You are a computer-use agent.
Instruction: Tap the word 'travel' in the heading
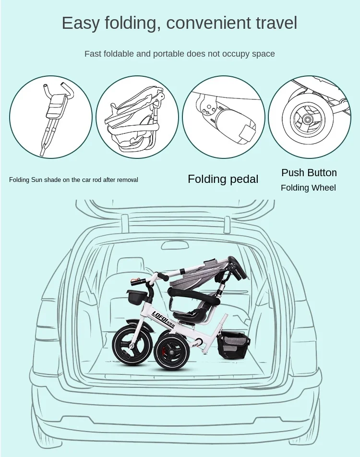click(273, 23)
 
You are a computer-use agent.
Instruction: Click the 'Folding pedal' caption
click(223, 179)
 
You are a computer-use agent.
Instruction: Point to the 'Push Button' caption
click(309, 173)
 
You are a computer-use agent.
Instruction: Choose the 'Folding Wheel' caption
click(308, 188)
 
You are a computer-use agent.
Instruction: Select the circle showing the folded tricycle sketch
click(137, 117)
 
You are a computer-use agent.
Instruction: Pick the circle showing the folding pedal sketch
click(223, 117)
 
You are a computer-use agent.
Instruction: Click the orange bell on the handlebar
click(135, 281)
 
